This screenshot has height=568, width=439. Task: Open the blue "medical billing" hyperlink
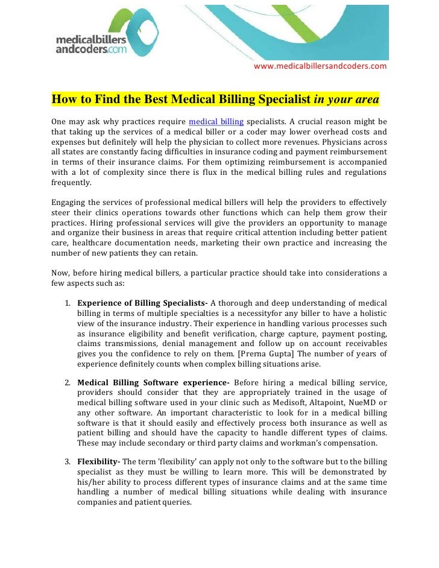(x=216, y=116)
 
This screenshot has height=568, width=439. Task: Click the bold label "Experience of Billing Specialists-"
(x=142, y=302)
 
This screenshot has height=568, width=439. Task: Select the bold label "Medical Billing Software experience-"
(x=154, y=382)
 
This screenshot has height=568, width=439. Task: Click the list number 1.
(x=68, y=302)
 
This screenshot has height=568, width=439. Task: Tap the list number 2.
(x=68, y=382)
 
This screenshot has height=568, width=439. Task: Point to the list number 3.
(x=68, y=461)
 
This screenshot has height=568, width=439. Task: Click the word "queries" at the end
(x=177, y=501)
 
